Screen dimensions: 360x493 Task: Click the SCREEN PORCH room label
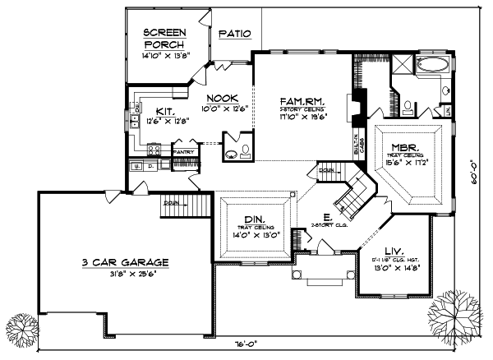pos(165,38)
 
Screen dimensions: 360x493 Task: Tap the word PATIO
pos(234,34)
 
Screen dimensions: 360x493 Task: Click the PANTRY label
pos(182,151)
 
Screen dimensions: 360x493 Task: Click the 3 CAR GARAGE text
pos(126,262)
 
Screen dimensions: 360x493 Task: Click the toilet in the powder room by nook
pos(233,152)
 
